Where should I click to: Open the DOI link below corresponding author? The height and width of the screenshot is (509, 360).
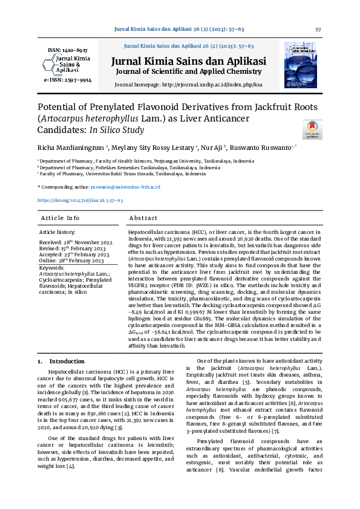coord(80,200)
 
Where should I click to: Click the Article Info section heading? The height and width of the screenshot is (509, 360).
coord(60,218)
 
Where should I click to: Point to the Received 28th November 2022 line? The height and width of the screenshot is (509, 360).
coord(74,242)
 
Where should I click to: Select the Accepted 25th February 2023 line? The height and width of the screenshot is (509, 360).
coord(74,254)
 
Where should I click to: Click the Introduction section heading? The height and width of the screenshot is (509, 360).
coord(67,361)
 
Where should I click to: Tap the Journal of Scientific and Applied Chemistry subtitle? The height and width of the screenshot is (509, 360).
coord(189,73)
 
